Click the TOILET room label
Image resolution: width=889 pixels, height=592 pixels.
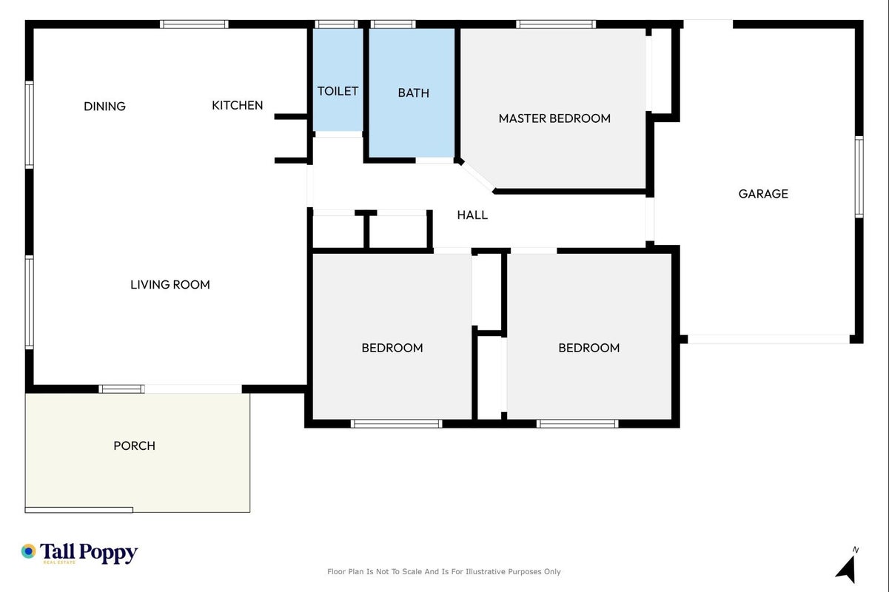[x=338, y=91]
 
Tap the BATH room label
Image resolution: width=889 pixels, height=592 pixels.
[x=414, y=92]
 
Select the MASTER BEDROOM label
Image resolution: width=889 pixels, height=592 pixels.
[x=554, y=118]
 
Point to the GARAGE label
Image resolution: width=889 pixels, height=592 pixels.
[x=763, y=194]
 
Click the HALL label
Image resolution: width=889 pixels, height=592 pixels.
[x=472, y=215]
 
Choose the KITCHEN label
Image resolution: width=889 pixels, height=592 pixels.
[x=238, y=105]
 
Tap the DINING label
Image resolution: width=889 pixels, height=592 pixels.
[x=105, y=107]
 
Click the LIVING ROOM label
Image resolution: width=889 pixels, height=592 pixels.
[x=170, y=284]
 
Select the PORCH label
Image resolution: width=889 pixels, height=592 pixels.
[x=134, y=445]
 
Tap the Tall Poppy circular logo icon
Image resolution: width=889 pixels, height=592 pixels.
[x=29, y=551]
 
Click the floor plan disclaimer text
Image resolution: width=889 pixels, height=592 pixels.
[x=443, y=572]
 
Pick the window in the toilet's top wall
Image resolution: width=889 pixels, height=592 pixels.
[x=336, y=24]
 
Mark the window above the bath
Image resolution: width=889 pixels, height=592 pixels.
[x=393, y=24]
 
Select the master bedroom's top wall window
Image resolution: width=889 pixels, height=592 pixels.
[x=556, y=24]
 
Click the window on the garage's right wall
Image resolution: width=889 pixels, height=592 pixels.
[x=859, y=177]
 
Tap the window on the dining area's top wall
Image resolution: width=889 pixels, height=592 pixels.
[x=194, y=24]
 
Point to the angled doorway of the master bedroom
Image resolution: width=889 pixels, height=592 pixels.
[x=477, y=176]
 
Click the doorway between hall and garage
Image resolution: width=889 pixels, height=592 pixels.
[x=650, y=219]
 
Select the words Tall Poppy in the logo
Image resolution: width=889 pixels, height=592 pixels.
[x=89, y=552]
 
